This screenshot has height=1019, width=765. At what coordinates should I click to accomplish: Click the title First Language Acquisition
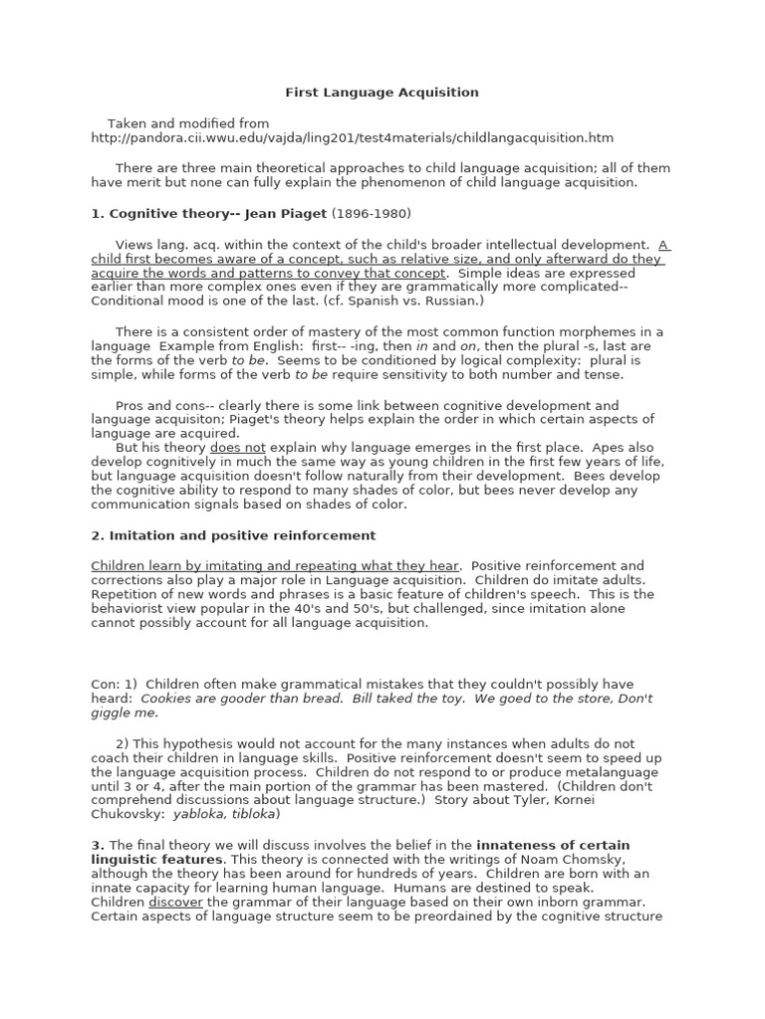click(382, 93)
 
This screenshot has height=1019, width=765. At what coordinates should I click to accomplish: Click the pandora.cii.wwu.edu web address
click(352, 138)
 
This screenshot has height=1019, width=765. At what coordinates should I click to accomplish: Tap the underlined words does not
click(237, 448)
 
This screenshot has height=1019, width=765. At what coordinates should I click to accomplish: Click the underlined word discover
click(175, 903)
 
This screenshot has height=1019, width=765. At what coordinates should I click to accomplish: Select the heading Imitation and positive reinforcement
click(233, 535)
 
